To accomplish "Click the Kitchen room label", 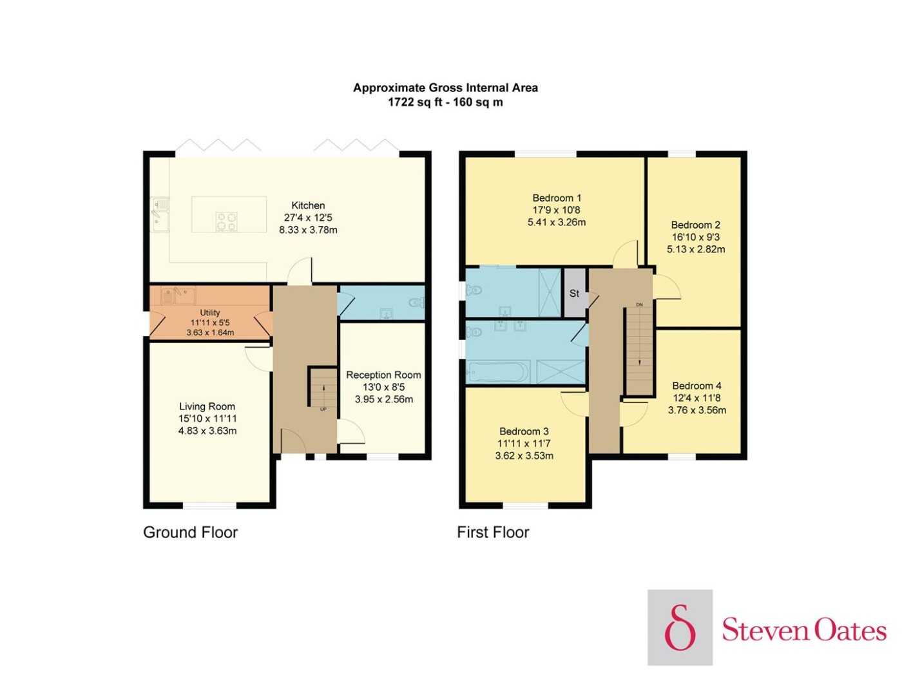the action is pyautogui.click(x=308, y=205).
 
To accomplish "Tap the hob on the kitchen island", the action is pyautogui.click(x=226, y=221).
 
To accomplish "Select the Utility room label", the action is pyautogui.click(x=209, y=313).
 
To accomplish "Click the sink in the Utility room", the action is pyautogui.click(x=178, y=296).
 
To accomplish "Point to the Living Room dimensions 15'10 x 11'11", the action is pyautogui.click(x=207, y=418).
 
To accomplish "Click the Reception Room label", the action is pyautogui.click(x=383, y=375).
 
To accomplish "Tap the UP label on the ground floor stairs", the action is pyautogui.click(x=323, y=409).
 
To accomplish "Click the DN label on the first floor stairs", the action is pyautogui.click(x=639, y=305).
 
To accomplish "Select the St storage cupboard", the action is pyautogui.click(x=574, y=293).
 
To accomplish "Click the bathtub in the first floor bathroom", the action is pyautogui.click(x=497, y=372).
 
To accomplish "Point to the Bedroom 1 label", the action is pyautogui.click(x=557, y=198).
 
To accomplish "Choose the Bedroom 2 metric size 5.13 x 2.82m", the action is pyautogui.click(x=696, y=249).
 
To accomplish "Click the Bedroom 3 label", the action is pyautogui.click(x=524, y=431).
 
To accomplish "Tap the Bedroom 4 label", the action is pyautogui.click(x=696, y=386).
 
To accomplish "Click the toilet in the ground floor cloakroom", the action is pyautogui.click(x=417, y=303).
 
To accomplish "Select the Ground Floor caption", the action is pyautogui.click(x=190, y=532).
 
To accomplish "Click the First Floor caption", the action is pyautogui.click(x=493, y=532).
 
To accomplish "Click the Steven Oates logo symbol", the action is pyautogui.click(x=680, y=627).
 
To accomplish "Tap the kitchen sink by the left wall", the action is pyautogui.click(x=160, y=214).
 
